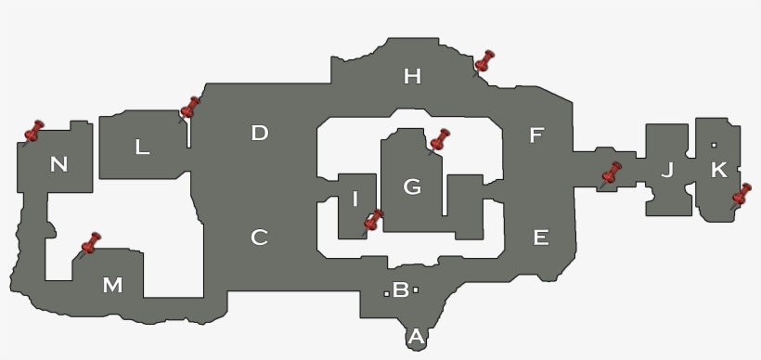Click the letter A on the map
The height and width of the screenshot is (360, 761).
pos(416,337)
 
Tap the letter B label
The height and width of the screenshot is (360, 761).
pos(401,289)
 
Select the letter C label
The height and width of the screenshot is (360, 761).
pos(259,238)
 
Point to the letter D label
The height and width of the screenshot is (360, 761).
pos(259,133)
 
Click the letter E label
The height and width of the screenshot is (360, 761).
pos(540,238)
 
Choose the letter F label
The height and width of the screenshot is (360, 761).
pos(535,135)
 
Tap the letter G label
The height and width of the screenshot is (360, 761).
pos(412,187)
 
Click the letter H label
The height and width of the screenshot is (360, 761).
pos(412,76)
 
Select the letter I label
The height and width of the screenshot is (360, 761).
pos(355,199)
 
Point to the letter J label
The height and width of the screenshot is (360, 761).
pos(666,170)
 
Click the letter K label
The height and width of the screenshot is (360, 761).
pos(718,170)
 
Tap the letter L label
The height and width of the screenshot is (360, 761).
pos(142,147)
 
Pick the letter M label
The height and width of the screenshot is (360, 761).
pos(112,285)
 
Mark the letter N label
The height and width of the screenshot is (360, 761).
pos(58,165)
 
